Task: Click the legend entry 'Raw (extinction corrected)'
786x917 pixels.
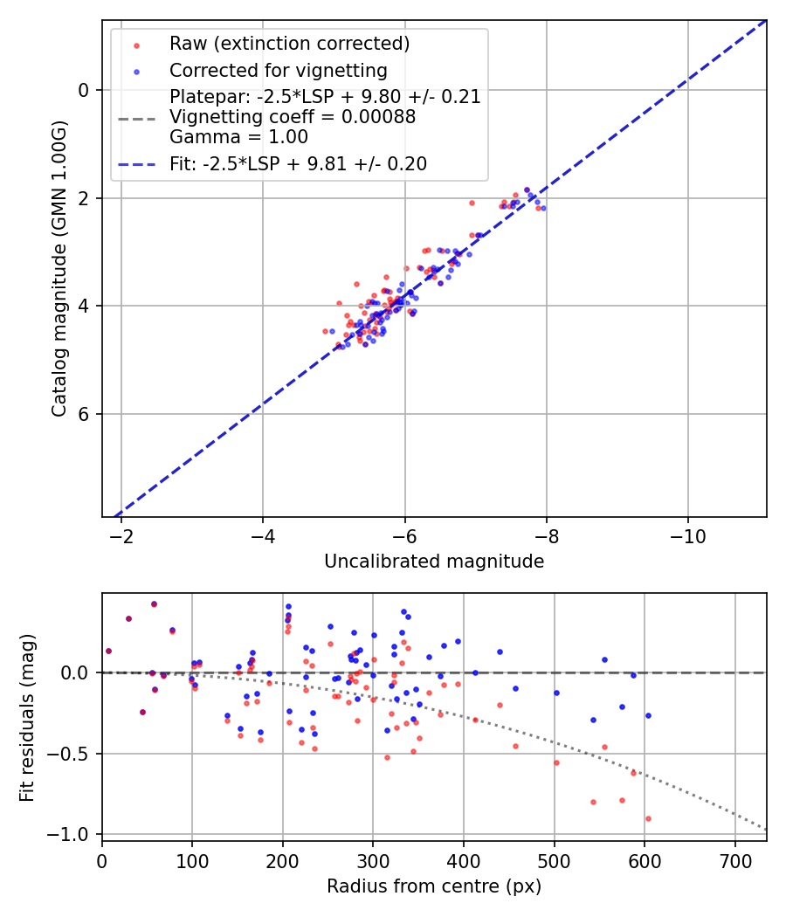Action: pos(289,44)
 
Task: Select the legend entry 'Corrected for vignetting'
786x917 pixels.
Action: pos(278,70)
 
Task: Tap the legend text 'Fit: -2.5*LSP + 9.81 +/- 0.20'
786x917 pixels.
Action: pos(298,163)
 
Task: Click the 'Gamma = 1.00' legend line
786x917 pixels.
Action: pos(238,137)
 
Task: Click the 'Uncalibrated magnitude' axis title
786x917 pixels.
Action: pos(434,562)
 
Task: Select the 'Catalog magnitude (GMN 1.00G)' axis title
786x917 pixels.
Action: pos(59,271)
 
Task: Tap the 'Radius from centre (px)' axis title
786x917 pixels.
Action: pos(434,886)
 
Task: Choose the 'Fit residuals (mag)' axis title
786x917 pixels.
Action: pos(27,718)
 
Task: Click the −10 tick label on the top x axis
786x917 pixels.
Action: pos(688,534)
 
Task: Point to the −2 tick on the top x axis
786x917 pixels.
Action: pos(121,534)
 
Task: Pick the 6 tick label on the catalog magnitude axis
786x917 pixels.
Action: pos(84,414)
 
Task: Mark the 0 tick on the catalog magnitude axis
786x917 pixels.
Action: pos(84,90)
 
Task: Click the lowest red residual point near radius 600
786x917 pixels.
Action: pos(648,818)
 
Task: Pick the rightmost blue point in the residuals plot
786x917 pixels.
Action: pos(648,715)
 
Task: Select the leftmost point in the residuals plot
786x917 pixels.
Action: pos(108,651)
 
